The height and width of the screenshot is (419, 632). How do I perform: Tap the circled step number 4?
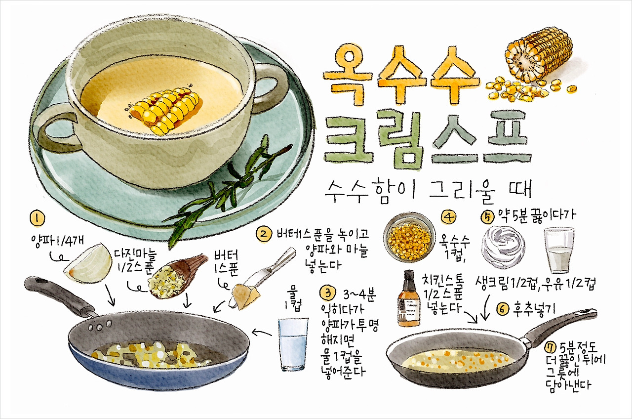point(449,217)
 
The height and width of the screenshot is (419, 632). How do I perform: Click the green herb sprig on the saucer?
point(222,188)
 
